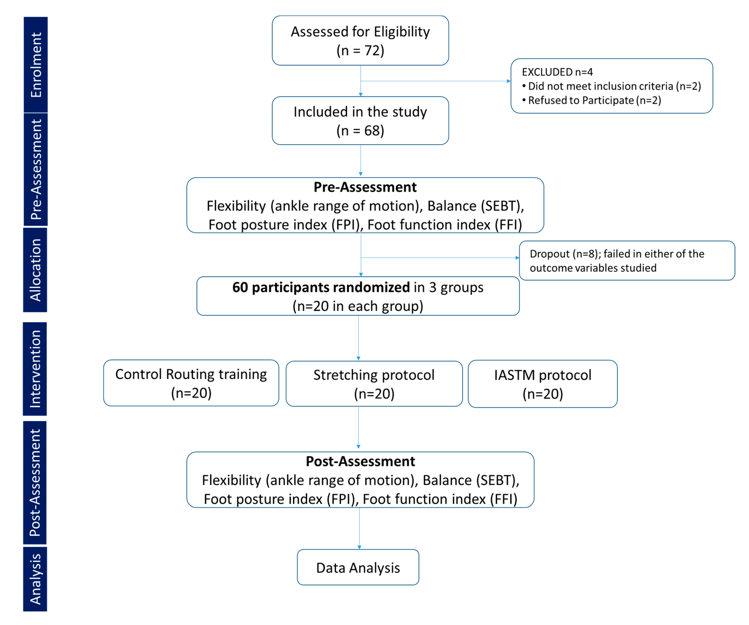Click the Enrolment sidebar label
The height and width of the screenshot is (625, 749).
[36, 65]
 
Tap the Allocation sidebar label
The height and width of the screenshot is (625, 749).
[35, 270]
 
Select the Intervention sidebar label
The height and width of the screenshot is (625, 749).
[35, 369]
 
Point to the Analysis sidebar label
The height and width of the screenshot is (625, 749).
[35, 579]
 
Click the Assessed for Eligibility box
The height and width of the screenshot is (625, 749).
[360, 40]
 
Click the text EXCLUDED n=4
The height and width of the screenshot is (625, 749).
[557, 72]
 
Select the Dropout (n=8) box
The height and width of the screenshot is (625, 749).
[627, 261]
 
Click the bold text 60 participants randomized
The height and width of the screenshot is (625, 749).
[321, 287]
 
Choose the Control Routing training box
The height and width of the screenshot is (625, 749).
[191, 383]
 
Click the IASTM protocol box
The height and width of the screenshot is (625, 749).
[542, 384]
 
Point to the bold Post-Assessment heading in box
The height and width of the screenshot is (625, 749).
[360, 461]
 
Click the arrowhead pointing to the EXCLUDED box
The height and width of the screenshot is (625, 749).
[509, 81]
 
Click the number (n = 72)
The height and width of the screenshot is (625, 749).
[360, 51]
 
